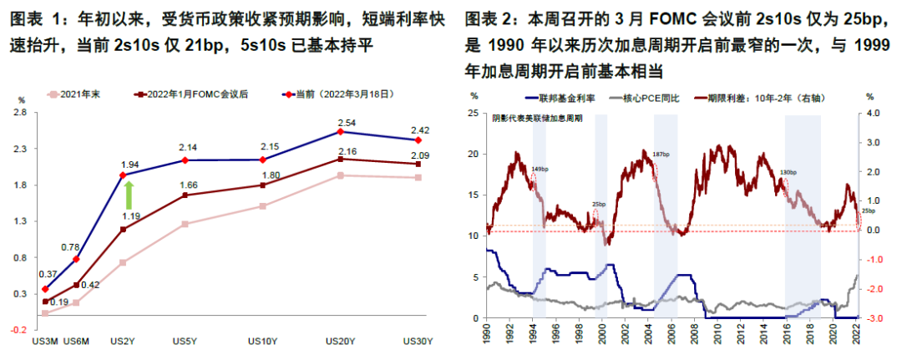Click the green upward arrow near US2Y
[129, 195]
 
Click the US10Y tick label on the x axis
[262, 341]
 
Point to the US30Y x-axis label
[418, 341]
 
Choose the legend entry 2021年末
[80, 95]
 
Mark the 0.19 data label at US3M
[58, 302]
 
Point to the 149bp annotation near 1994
[540, 169]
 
